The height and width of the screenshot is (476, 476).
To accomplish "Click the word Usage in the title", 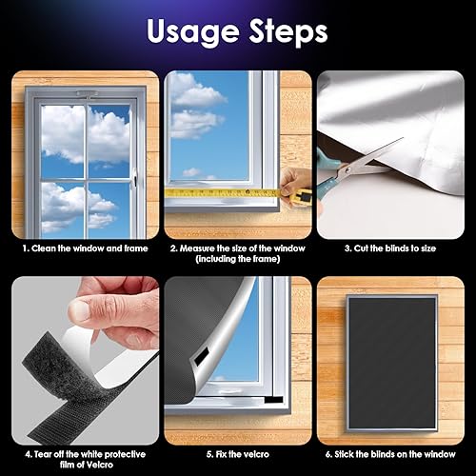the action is point(193,31).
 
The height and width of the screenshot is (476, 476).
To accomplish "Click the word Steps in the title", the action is point(288,31).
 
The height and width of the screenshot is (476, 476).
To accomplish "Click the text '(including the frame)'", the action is point(238,259).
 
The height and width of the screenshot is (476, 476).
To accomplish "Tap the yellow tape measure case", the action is point(301,197).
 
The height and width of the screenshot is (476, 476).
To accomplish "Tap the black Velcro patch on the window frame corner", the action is point(273,400).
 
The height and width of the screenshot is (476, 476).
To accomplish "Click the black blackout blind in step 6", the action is point(392,364).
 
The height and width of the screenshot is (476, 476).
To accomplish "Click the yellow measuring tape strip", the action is point(222,192).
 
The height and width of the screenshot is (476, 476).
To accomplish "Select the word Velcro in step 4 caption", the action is point(100,465).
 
